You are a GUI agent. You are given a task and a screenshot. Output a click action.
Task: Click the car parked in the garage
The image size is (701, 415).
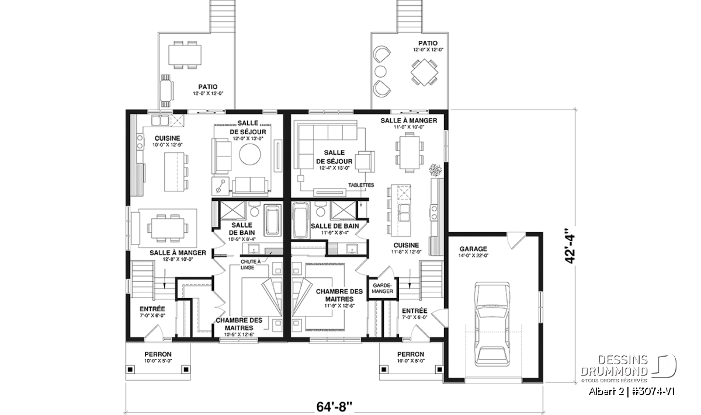point(492,324)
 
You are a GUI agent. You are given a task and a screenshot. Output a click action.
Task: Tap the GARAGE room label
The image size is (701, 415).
point(473,249)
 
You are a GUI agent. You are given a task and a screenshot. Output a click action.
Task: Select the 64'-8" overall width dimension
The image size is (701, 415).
point(334,407)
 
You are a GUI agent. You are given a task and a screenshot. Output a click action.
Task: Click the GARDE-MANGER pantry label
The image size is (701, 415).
point(383,288)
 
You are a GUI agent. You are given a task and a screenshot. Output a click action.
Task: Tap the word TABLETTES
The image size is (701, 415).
point(361,185)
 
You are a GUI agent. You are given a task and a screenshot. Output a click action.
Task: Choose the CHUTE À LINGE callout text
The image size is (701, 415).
point(251,264)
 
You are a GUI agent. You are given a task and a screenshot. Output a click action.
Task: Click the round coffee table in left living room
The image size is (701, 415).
point(250,154)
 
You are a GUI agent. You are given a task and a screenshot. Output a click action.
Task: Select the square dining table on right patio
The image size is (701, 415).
point(424,72)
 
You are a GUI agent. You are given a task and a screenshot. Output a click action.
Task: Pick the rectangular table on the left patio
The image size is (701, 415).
point(185,55)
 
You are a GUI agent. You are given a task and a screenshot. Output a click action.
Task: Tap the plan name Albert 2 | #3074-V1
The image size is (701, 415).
point(631,392)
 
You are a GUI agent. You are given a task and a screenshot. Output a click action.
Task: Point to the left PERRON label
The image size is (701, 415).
point(158,354)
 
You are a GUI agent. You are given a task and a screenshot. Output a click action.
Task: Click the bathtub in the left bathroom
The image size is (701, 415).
point(273,220)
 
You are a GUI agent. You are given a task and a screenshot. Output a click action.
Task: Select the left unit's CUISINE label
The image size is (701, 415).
point(168,138)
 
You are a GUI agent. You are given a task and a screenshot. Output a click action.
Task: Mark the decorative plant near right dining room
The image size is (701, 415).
point(436,169)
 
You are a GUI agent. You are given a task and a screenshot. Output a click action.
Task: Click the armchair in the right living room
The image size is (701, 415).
point(365,161)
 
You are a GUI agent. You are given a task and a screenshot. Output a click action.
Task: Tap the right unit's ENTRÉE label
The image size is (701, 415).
point(414,311)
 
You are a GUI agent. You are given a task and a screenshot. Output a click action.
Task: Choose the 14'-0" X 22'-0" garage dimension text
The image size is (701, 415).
point(473,256)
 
